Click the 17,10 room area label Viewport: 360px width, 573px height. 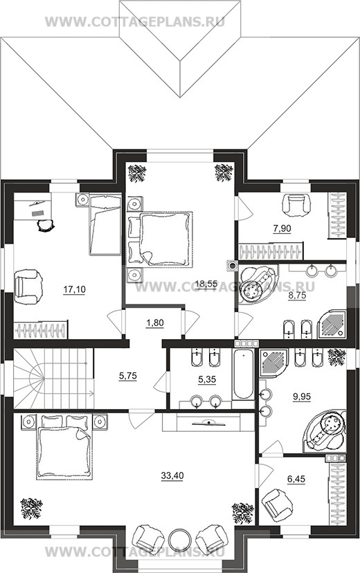(x=74, y=290)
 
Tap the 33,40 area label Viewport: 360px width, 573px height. (x=172, y=476)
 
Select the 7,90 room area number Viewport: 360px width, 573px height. (x=282, y=229)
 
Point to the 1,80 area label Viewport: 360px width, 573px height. (x=154, y=323)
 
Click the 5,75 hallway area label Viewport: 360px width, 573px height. (x=128, y=376)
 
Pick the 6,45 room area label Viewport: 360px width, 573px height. (x=297, y=479)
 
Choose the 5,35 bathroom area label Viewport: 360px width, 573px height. (x=206, y=380)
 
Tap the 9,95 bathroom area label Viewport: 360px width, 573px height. (x=302, y=396)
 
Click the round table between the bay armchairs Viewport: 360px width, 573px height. (x=179, y=539)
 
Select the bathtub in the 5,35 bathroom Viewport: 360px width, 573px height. (x=243, y=374)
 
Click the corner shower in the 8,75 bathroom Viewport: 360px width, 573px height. (x=332, y=324)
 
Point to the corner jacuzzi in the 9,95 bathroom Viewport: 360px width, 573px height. (x=325, y=430)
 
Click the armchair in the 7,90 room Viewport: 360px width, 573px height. (x=296, y=204)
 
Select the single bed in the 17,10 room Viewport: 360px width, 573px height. (x=105, y=225)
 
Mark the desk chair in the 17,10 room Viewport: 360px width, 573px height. (x=46, y=225)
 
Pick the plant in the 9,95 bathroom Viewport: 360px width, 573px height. (x=336, y=357)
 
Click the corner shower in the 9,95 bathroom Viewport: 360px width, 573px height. (x=273, y=363)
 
